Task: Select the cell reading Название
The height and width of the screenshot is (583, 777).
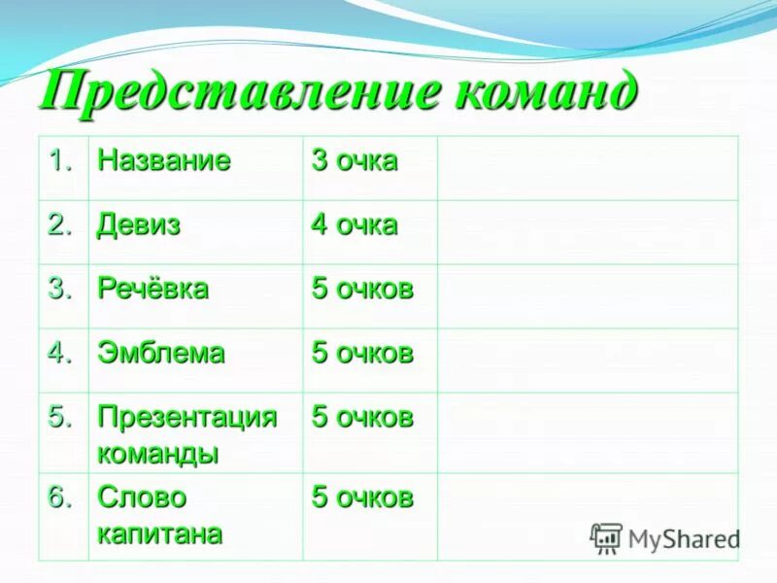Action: pos(164,161)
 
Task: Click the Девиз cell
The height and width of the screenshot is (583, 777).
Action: pos(139,225)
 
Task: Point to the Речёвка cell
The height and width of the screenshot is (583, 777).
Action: pos(152,290)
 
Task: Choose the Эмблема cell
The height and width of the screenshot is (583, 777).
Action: pos(160,354)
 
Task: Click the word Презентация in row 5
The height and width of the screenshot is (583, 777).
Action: pos(187,418)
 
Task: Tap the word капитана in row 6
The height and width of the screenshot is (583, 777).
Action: pos(160,532)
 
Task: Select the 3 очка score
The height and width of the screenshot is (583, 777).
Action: pos(355,161)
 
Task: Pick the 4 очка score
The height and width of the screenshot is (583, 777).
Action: pos(355,225)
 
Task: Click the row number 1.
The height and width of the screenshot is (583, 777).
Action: pos(61,161)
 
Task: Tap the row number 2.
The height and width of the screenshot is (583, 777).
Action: pos(61,225)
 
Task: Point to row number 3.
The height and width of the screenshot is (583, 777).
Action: pos(61,290)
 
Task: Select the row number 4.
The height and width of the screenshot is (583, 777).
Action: pos(61,354)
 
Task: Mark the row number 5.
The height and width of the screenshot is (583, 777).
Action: pos(61,418)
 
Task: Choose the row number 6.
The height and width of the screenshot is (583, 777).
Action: pos(61,497)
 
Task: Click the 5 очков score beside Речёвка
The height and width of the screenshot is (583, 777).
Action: pos(362,290)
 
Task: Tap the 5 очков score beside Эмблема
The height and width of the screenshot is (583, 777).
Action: pos(362,354)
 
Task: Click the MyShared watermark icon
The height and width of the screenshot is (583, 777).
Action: pos(606,537)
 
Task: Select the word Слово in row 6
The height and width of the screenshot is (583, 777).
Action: pos(142,497)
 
